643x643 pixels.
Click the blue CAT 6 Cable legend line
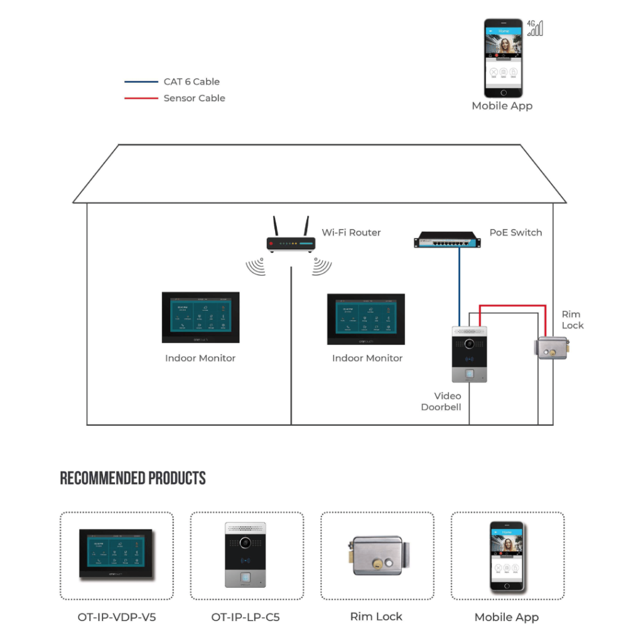[x=141, y=82]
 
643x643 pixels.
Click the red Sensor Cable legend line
[x=141, y=98]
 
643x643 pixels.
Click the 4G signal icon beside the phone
[x=535, y=28]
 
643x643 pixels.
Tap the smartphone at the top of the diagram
[x=503, y=57]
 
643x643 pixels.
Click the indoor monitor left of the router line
[x=200, y=317]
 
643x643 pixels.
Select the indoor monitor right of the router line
[x=366, y=318]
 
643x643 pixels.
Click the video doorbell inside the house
[x=470, y=354]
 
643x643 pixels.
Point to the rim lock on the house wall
[x=553, y=347]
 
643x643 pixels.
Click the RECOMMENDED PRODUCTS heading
[x=132, y=478]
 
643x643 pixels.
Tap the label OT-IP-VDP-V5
[x=117, y=617]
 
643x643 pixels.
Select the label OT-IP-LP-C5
[x=246, y=617]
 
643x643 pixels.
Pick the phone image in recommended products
[x=507, y=556]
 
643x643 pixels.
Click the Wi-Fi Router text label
[x=351, y=232]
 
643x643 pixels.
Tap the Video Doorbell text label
[x=441, y=401]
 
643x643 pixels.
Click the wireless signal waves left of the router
[x=256, y=267]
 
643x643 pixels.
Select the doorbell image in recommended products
[x=246, y=554]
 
